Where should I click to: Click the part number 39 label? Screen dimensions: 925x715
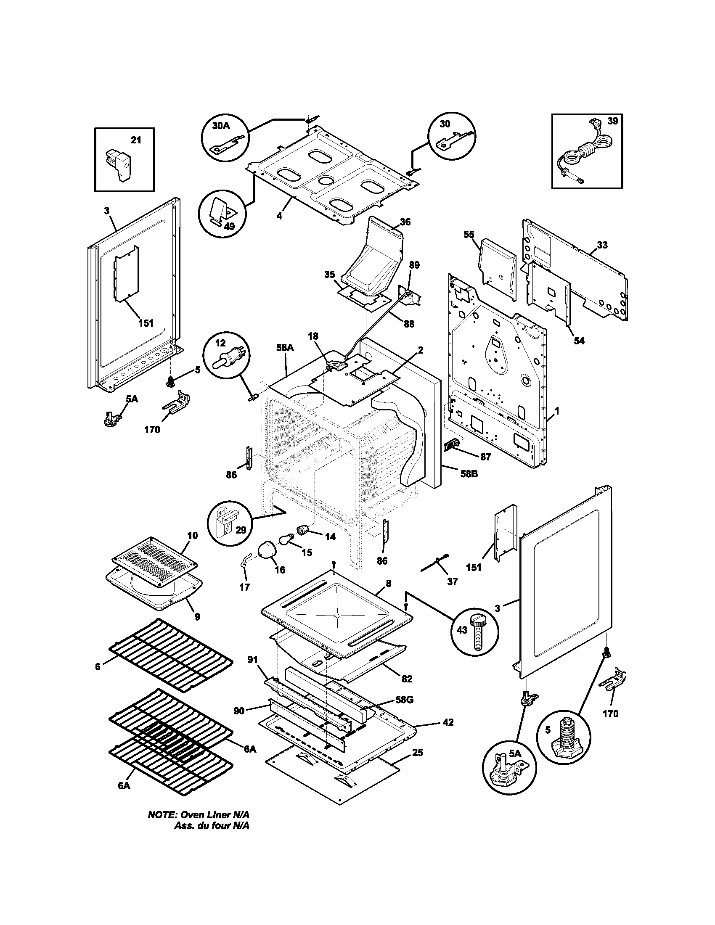click(x=612, y=121)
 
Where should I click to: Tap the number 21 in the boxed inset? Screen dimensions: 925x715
click(x=135, y=140)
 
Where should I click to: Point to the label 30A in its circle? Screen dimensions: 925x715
click(x=221, y=126)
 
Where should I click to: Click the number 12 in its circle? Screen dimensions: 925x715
click(x=222, y=343)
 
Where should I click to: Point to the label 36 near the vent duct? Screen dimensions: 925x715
click(x=405, y=222)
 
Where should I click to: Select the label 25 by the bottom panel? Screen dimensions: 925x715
click(x=417, y=753)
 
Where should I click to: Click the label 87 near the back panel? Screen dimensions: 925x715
click(x=485, y=457)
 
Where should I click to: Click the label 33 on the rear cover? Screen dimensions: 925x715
click(x=602, y=245)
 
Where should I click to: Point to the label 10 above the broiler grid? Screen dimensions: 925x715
click(x=192, y=535)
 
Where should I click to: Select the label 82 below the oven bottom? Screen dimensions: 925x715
click(x=407, y=679)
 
